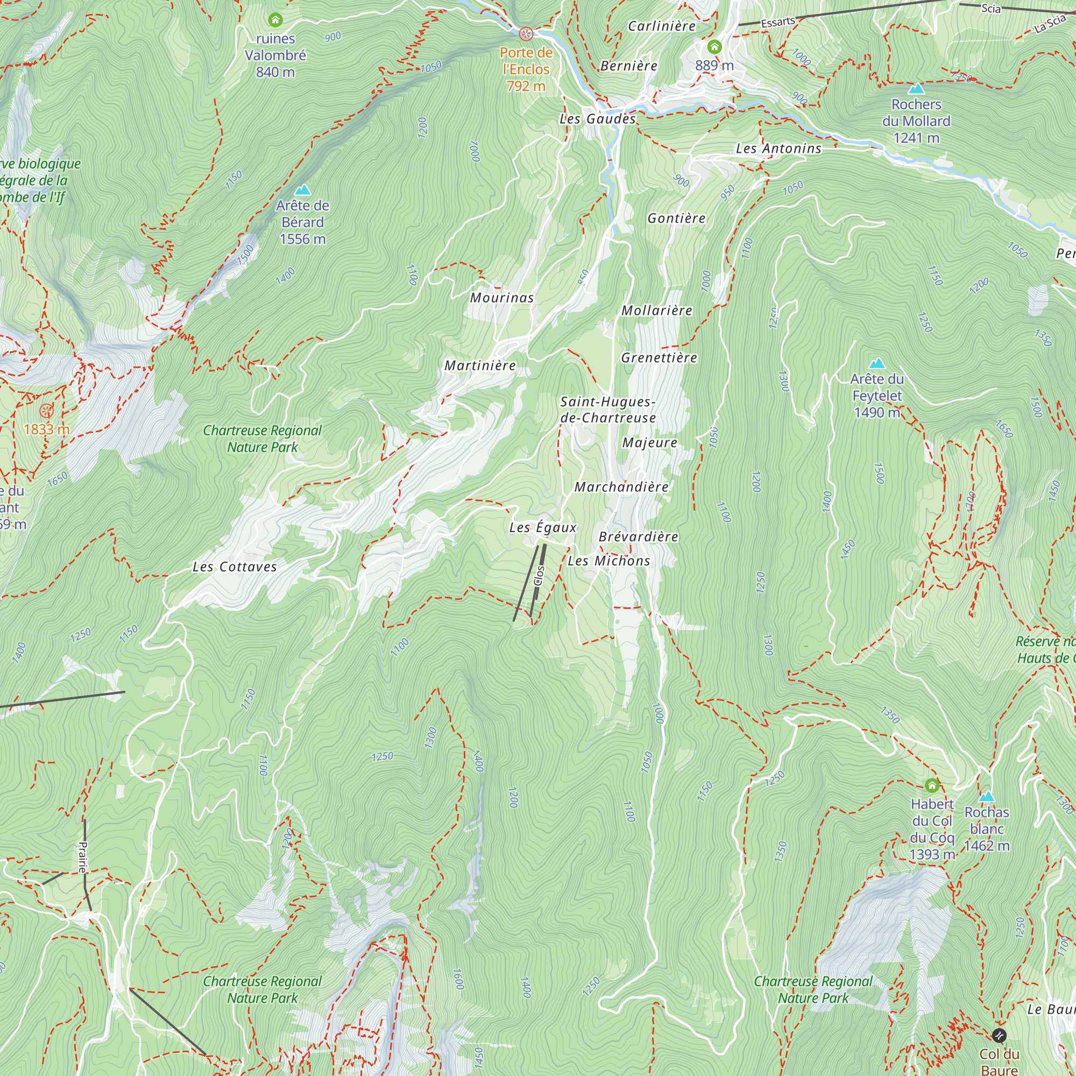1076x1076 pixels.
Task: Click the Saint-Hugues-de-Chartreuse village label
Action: (x=607, y=410)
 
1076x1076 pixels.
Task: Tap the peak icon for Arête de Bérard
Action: (x=302, y=190)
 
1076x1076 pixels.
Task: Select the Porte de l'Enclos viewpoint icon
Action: (x=526, y=34)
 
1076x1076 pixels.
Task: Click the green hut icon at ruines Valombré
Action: (x=275, y=20)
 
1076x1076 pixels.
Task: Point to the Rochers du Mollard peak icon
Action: (x=916, y=89)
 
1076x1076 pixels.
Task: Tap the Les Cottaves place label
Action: (x=235, y=567)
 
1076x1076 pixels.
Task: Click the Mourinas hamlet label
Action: (x=502, y=298)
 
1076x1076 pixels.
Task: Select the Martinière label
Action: (x=480, y=366)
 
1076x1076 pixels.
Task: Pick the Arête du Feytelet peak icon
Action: (x=877, y=363)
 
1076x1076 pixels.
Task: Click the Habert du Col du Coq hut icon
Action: (x=932, y=786)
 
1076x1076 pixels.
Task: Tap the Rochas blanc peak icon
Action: (x=986, y=796)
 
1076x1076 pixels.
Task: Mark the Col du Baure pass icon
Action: (x=999, y=1035)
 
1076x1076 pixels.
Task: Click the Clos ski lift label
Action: (x=539, y=575)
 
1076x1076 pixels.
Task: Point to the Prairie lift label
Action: (x=83, y=857)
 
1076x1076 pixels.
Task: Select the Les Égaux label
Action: (x=543, y=527)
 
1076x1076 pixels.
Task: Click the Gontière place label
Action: (x=676, y=218)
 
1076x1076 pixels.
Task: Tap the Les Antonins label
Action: (x=778, y=148)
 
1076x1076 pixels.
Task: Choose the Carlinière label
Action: (x=662, y=26)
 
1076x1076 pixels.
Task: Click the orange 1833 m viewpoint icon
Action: (x=47, y=411)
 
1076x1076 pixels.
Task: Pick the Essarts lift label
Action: (x=777, y=22)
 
